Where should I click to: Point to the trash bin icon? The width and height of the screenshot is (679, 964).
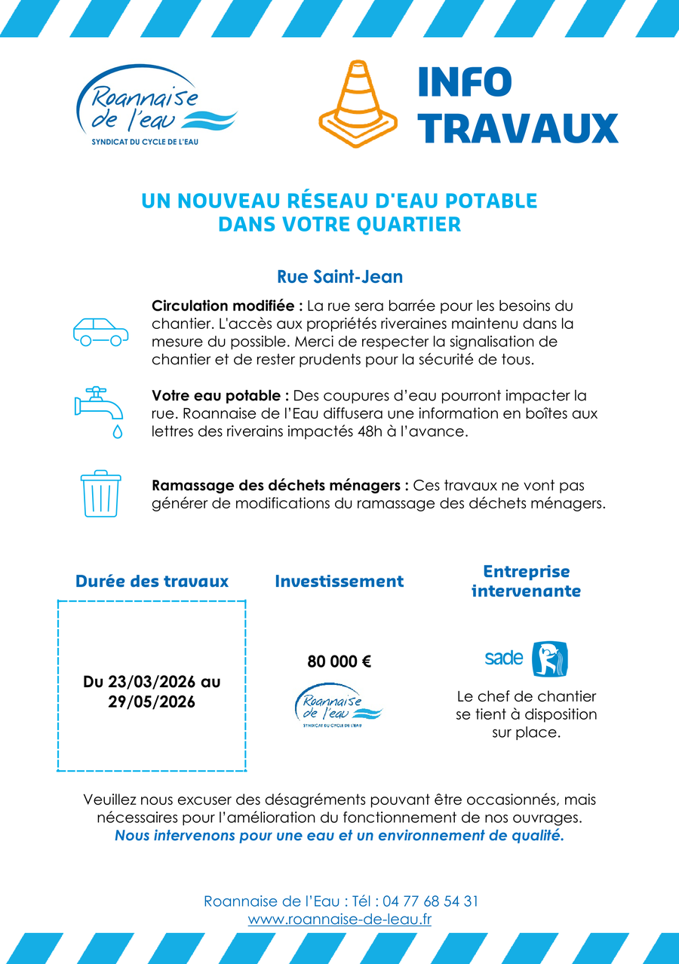click(100, 494)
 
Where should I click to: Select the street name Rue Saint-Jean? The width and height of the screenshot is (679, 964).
click(339, 277)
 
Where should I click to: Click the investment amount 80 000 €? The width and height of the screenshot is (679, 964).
click(339, 662)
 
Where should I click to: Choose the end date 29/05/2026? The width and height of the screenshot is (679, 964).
click(152, 702)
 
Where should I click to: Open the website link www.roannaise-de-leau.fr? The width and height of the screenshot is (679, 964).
click(339, 920)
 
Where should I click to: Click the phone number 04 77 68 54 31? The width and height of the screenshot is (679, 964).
click(430, 901)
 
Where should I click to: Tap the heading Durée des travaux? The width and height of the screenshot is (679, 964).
click(152, 582)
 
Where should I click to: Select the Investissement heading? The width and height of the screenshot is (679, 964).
click(339, 582)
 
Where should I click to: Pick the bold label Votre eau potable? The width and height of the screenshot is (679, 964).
click(220, 396)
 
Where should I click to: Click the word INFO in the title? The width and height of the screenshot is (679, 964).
click(465, 82)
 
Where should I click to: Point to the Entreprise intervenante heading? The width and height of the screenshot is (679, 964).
click(526, 582)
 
